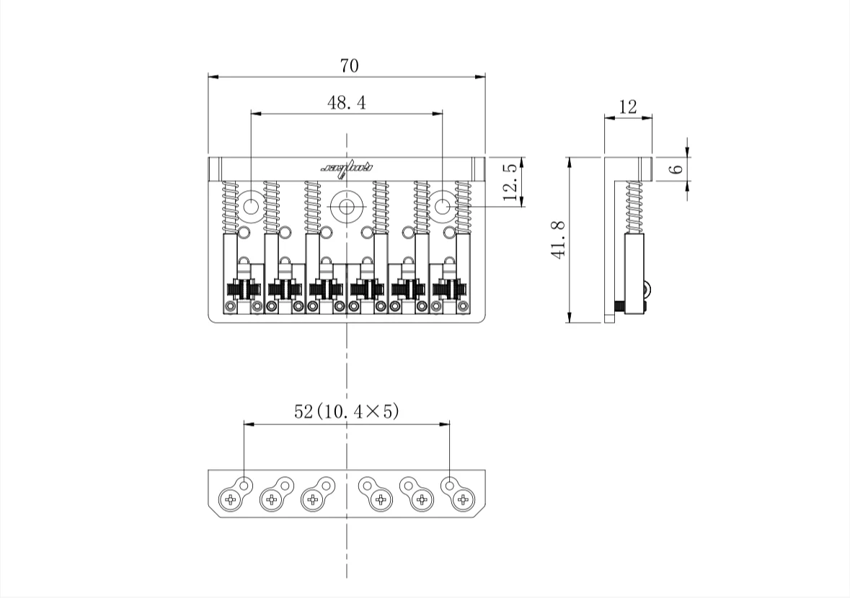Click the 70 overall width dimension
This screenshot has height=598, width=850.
tap(349, 66)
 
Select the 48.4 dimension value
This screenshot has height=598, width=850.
tap(346, 103)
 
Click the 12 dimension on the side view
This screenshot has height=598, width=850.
tap(628, 107)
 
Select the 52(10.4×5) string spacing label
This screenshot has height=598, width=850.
tap(346, 411)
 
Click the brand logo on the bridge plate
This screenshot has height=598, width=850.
tap(347, 168)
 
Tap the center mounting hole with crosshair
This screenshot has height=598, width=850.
tap(347, 207)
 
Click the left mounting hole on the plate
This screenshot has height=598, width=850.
tap(251, 207)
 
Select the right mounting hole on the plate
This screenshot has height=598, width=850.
tap(443, 207)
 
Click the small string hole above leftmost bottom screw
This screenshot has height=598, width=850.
tap(244, 485)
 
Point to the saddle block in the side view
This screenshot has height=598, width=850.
tap(634, 274)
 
